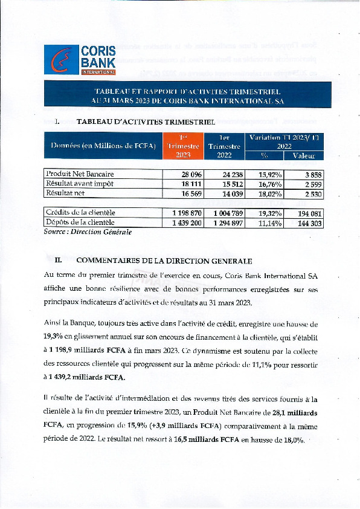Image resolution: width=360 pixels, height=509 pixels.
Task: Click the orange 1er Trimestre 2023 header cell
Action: click(x=183, y=146)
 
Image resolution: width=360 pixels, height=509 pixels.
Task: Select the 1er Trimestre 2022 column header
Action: click(x=224, y=146)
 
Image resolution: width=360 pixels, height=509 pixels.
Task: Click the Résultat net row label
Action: click(x=66, y=193)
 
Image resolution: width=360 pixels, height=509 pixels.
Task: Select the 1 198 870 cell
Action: click(x=184, y=213)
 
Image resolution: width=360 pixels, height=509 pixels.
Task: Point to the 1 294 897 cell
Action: click(x=224, y=222)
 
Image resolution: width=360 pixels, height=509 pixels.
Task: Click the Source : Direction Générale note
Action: click(x=88, y=232)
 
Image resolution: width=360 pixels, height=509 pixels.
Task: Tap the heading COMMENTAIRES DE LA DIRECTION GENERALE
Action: click(x=164, y=261)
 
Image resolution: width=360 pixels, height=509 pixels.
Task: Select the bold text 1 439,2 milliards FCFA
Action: click(x=87, y=378)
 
